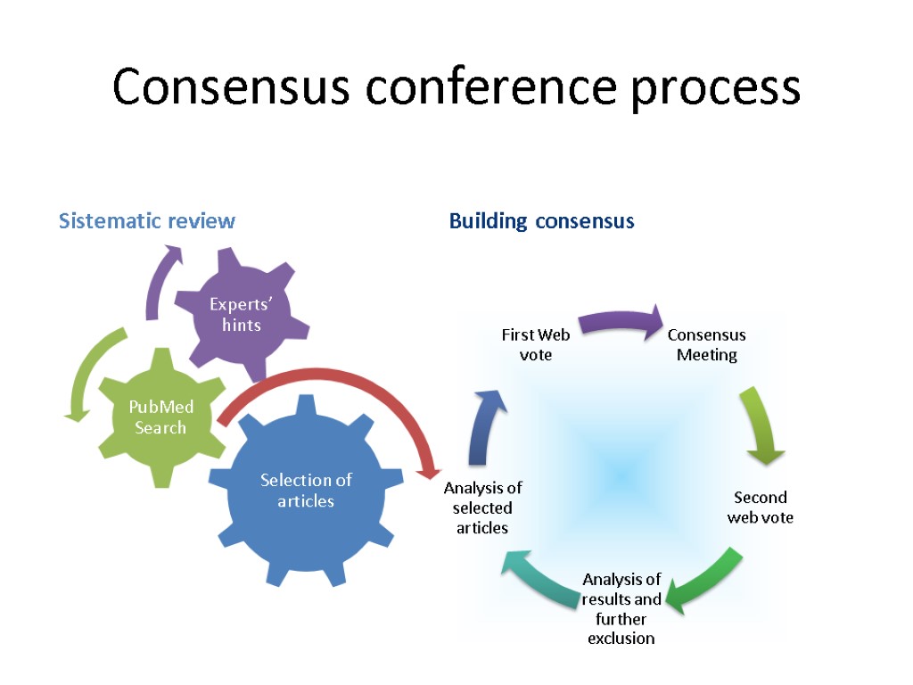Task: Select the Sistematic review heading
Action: click(x=147, y=220)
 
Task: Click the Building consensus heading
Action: click(x=541, y=220)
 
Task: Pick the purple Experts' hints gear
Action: click(x=242, y=314)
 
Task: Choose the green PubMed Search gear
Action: click(x=160, y=417)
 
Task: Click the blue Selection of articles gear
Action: click(x=306, y=490)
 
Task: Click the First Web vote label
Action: click(x=536, y=344)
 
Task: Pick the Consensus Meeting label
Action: click(x=707, y=344)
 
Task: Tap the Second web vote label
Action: click(x=761, y=507)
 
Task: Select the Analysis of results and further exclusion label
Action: click(x=621, y=608)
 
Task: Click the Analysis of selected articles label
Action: click(x=482, y=508)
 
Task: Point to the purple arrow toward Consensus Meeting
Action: click(x=620, y=321)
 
